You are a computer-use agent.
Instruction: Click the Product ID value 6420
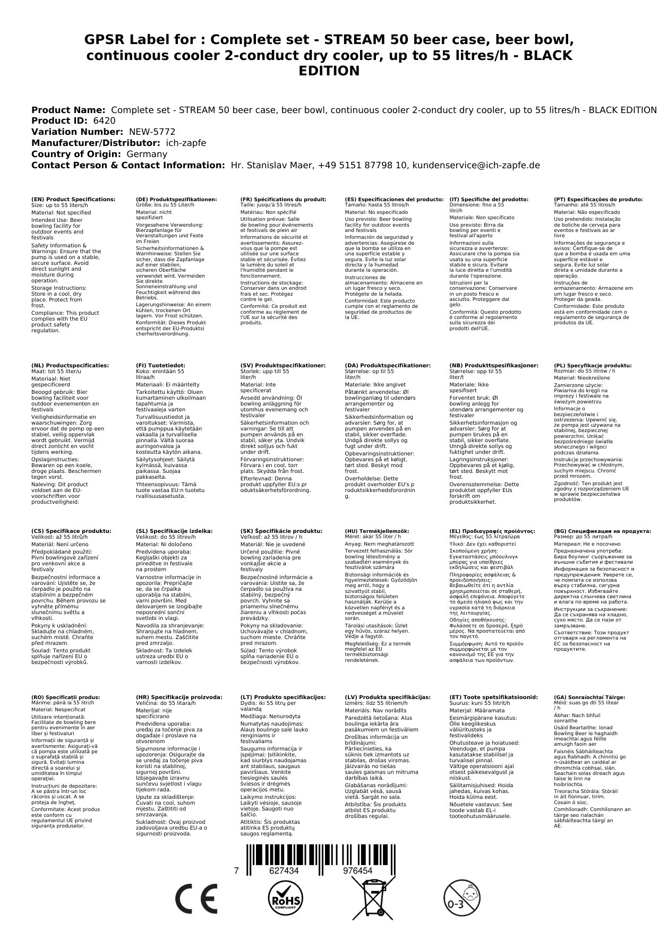(x=104, y=121)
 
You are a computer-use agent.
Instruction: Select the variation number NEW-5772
(x=149, y=132)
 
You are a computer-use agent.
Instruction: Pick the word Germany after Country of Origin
(x=147, y=154)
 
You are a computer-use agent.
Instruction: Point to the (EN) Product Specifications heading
(x=73, y=200)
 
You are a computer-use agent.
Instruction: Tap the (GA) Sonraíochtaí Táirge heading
(x=589, y=697)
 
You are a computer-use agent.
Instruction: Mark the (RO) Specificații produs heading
(x=66, y=697)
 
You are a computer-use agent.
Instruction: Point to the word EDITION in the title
(x=329, y=71)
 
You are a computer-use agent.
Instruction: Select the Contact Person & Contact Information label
(x=128, y=165)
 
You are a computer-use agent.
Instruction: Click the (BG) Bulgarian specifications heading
(x=602, y=531)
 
